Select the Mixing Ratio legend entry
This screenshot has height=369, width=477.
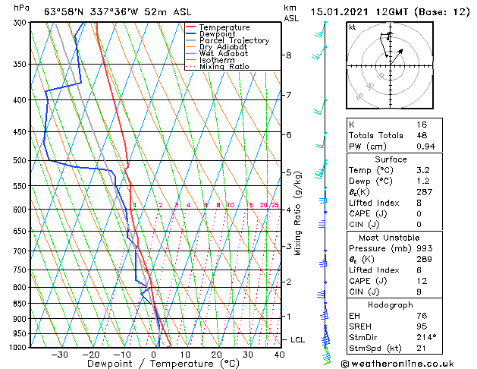click(224, 67)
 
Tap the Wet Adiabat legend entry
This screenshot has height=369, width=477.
click(223, 54)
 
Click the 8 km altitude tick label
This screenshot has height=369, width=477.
click(288, 55)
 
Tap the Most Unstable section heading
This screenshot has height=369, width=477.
click(391, 238)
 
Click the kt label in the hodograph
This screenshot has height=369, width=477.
click(353, 27)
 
